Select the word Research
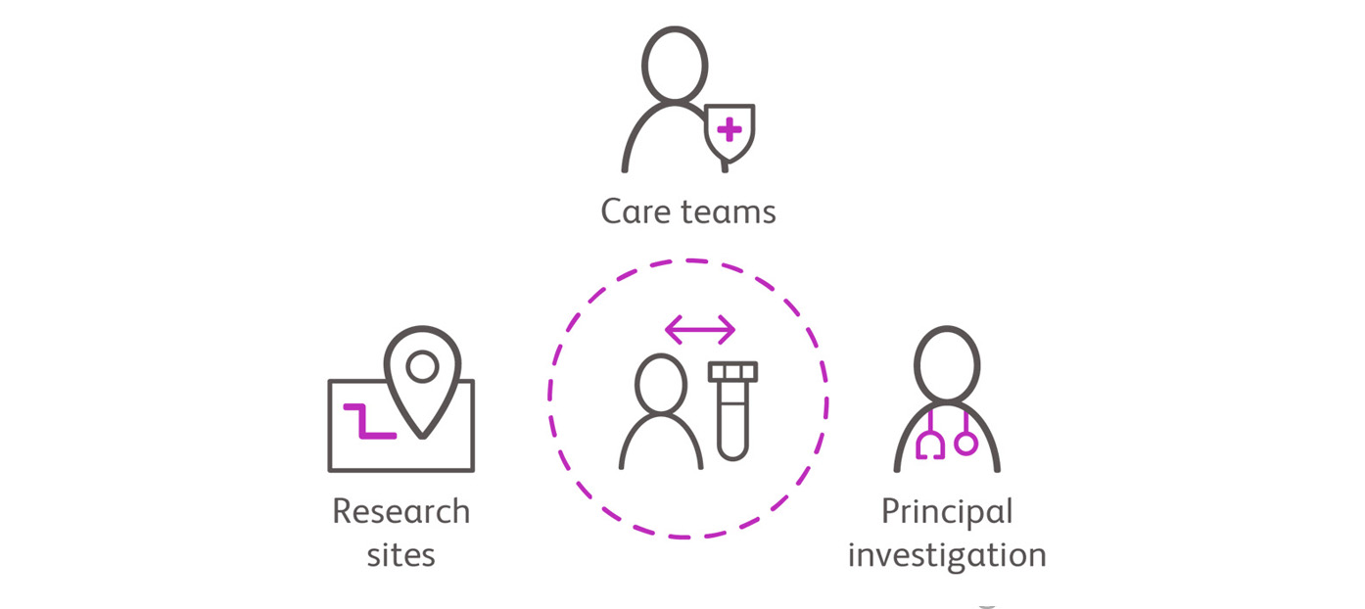click(400, 511)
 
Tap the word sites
click(400, 555)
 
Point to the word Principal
click(947, 511)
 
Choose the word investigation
click(947, 555)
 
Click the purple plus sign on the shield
click(729, 129)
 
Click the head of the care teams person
click(674, 64)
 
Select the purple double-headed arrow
click(699, 330)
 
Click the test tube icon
click(732, 411)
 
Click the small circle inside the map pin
click(422, 366)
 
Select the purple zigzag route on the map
click(368, 419)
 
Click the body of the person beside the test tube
click(661, 445)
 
